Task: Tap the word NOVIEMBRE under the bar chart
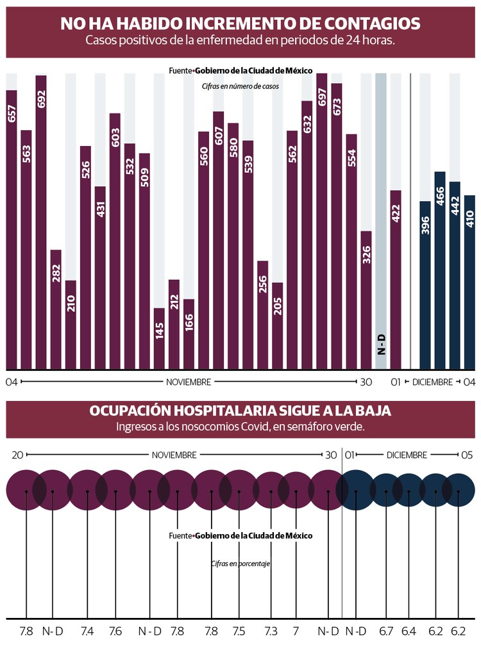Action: pyautogui.click(x=189, y=382)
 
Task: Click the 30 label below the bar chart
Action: pyautogui.click(x=366, y=382)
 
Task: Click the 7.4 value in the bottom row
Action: pyautogui.click(x=87, y=631)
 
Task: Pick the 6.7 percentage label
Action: pyautogui.click(x=386, y=631)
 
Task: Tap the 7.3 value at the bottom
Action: pyautogui.click(x=271, y=631)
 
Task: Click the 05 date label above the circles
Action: pyautogui.click(x=466, y=455)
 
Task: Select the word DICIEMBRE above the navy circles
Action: pyautogui.click(x=407, y=455)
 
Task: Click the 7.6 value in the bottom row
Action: pyautogui.click(x=115, y=631)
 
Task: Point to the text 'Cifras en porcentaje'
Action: pyautogui.click(x=240, y=564)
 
